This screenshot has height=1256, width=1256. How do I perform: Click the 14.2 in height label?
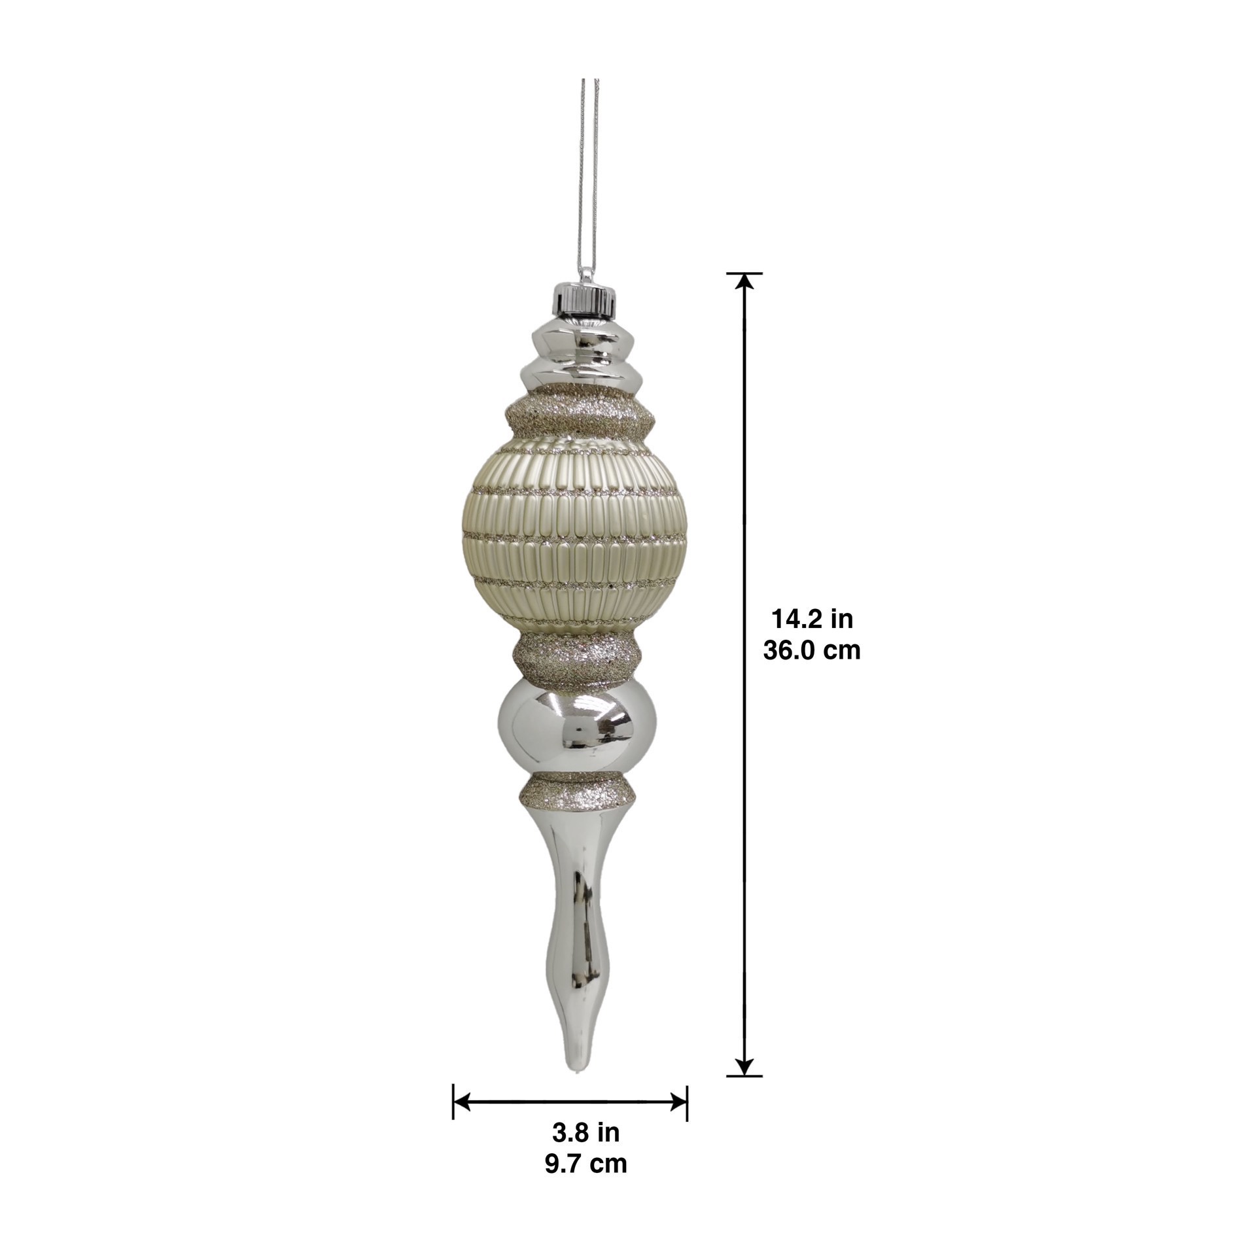tap(812, 618)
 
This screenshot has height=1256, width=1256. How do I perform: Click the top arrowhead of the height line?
tap(744, 281)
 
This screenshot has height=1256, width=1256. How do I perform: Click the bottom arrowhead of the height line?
tap(744, 1067)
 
